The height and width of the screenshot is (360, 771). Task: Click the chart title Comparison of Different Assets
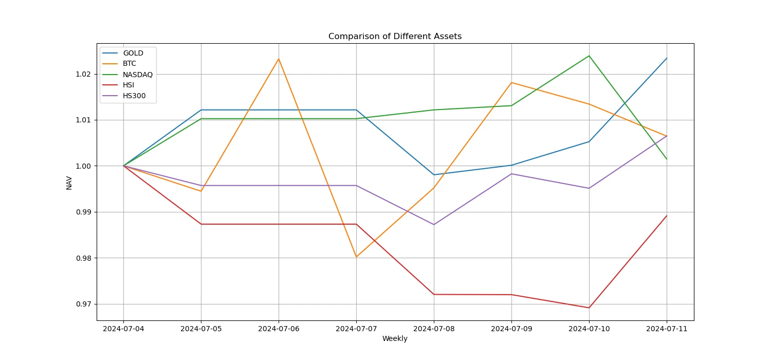[x=395, y=37]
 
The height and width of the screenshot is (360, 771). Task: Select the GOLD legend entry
[x=133, y=53]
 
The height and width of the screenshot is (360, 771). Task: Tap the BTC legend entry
[x=129, y=64]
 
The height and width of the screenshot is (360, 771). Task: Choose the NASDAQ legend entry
[x=137, y=75]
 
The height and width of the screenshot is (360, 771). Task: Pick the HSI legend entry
[x=128, y=85]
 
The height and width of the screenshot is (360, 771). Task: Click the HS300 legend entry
[x=133, y=96]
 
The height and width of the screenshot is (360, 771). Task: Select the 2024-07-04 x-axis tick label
[x=123, y=328]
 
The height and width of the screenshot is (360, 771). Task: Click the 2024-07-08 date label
[x=434, y=328]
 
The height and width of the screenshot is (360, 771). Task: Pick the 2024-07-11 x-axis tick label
[x=667, y=328]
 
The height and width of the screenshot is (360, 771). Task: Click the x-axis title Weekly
[x=395, y=338]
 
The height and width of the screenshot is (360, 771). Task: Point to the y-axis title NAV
[x=69, y=183]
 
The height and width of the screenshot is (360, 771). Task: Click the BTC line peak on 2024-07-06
[x=279, y=59]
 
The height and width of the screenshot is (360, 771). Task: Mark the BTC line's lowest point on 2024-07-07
[x=356, y=257]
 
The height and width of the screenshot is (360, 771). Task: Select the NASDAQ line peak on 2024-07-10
[x=589, y=56]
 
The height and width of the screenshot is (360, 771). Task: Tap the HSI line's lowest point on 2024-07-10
[x=589, y=308]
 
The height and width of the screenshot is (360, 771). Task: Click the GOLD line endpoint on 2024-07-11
[x=667, y=58]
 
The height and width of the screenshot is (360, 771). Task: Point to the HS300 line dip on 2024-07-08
[x=434, y=224]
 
